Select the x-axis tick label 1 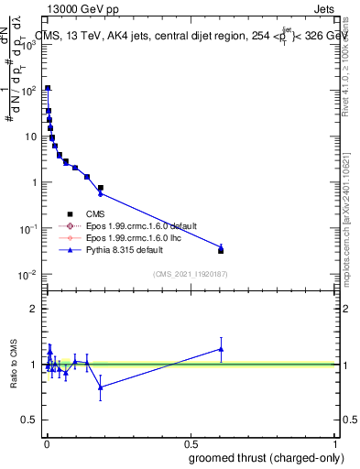coord(335,444)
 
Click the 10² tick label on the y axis coord(29,91)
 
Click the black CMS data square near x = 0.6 coord(221,250)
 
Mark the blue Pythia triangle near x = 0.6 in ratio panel coord(221,348)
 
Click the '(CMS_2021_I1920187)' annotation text coord(190,273)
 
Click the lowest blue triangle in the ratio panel coord(101,387)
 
